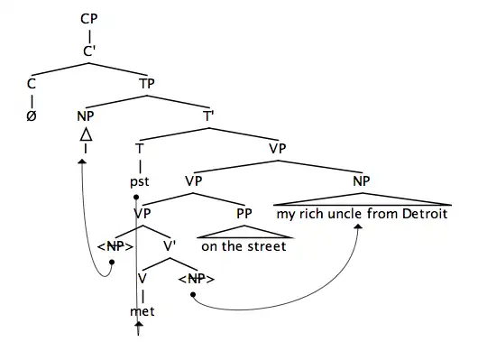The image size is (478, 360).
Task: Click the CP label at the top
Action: pos(88,18)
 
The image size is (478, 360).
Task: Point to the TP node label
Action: pos(147,83)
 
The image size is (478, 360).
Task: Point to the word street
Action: pos(270,246)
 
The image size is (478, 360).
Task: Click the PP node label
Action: pos(244,214)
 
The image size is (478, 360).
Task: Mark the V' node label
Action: pos(169,246)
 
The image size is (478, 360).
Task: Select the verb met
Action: pos(142,311)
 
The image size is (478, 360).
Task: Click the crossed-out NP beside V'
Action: pos(115,246)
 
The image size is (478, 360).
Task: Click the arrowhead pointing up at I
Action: pos(83,161)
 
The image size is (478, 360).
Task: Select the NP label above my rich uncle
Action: pos(361,180)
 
